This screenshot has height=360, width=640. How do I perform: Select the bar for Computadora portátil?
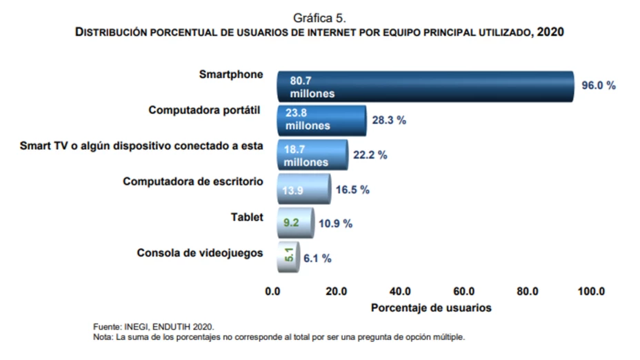point(321,120)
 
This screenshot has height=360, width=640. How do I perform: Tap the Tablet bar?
point(295,223)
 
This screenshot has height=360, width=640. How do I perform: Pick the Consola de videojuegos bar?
point(288,258)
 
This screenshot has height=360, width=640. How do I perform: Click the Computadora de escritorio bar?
point(303,189)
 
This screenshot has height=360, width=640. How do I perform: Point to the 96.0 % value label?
point(598,86)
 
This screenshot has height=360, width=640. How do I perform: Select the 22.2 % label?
point(370,155)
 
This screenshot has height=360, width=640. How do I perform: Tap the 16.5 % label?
point(352,190)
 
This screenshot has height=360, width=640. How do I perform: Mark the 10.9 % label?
point(335,223)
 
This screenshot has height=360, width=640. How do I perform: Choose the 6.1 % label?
point(317,259)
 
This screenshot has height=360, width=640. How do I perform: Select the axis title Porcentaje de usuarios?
point(431,308)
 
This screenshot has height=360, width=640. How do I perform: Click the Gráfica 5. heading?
point(320,17)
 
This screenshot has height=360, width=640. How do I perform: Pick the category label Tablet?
point(247,217)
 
